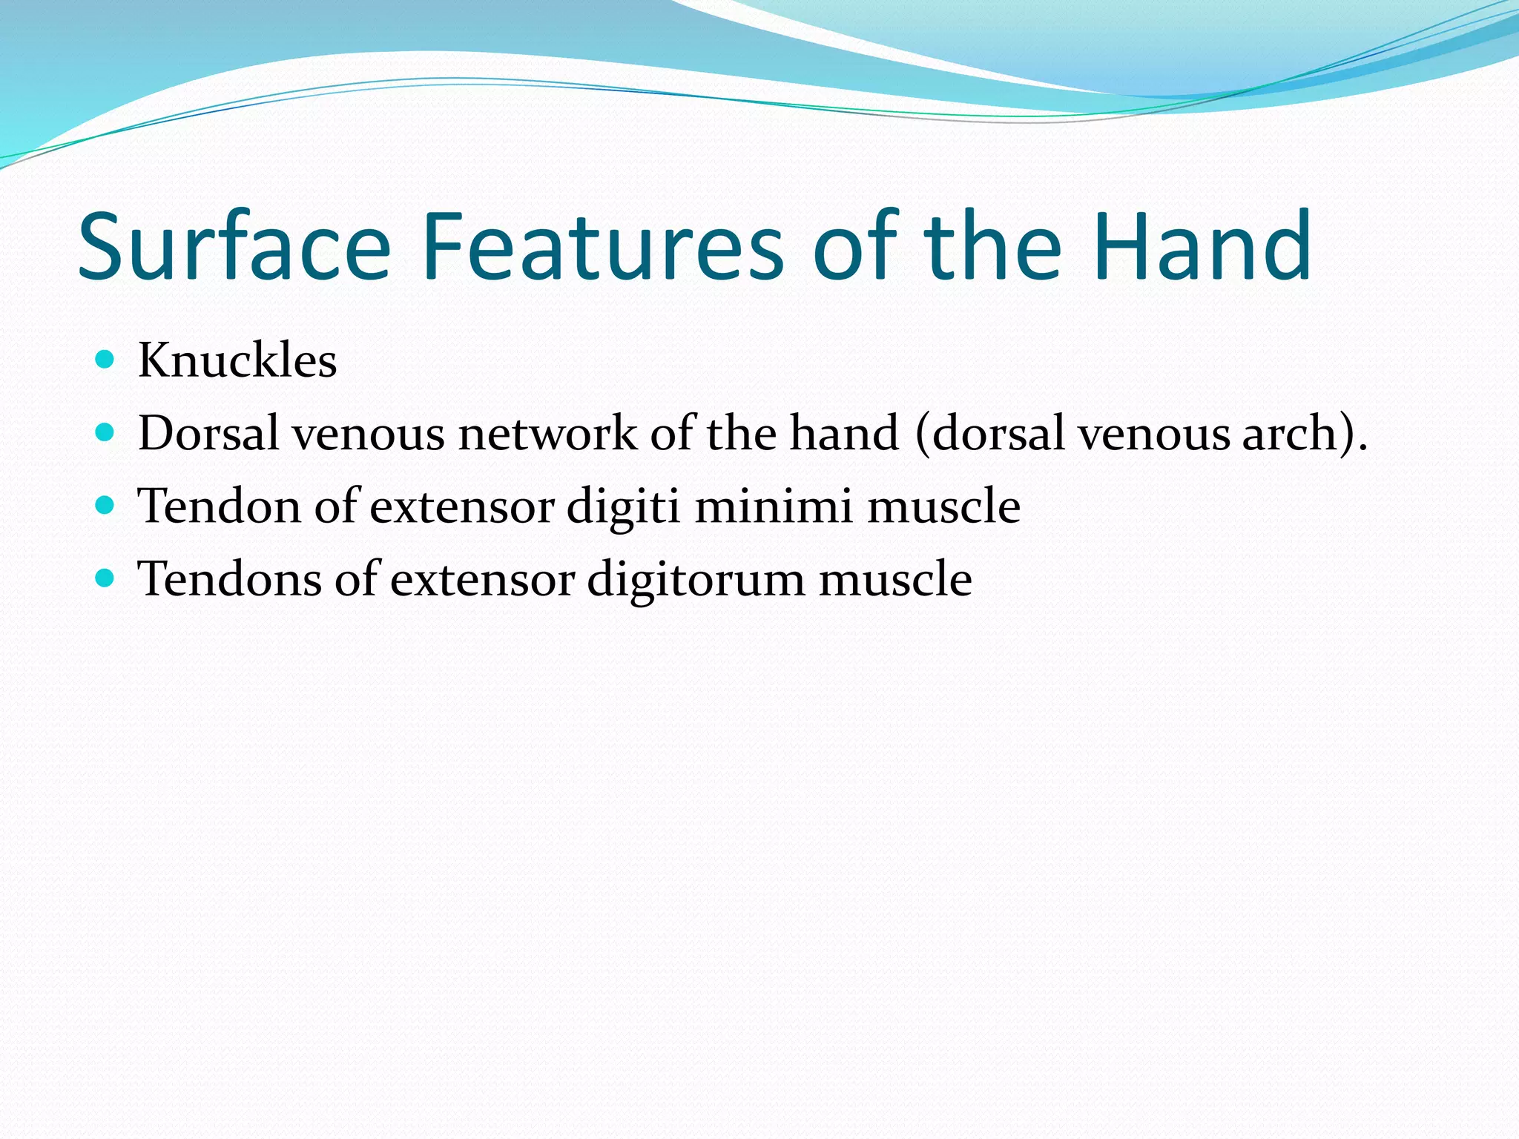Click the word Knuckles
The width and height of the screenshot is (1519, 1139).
click(x=237, y=361)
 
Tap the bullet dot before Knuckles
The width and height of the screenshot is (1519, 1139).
click(x=105, y=360)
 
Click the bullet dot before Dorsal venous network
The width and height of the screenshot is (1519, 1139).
click(x=105, y=432)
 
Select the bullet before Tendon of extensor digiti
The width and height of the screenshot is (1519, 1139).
click(x=105, y=506)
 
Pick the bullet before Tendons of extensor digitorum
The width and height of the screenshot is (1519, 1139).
click(x=105, y=578)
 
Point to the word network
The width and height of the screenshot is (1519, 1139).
click(x=547, y=433)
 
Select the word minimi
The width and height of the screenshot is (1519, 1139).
click(x=773, y=507)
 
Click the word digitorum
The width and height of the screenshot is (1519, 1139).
click(x=696, y=580)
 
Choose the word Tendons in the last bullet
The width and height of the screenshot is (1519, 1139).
click(x=230, y=579)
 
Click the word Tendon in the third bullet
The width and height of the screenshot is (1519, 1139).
click(x=220, y=507)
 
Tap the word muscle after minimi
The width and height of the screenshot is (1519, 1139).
click(x=943, y=507)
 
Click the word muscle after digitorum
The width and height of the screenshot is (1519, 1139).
click(x=895, y=580)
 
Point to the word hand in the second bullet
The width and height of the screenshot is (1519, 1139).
click(x=843, y=433)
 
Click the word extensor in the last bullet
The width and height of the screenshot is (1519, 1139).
click(x=483, y=580)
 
